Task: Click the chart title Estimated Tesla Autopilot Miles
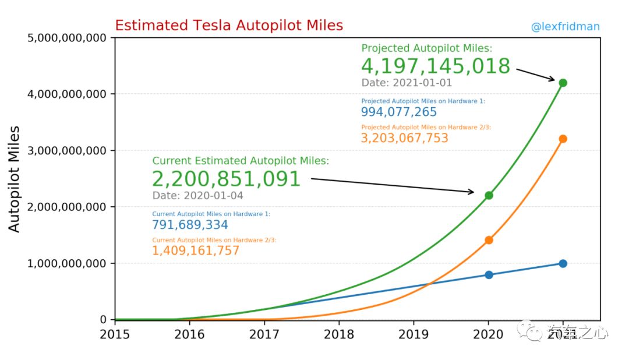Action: (x=229, y=25)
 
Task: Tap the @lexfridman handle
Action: (x=565, y=27)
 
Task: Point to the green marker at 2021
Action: (x=563, y=83)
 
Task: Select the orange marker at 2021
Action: (x=563, y=139)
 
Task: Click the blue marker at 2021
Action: (x=563, y=263)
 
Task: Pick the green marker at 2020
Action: (x=489, y=196)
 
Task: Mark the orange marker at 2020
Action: (x=489, y=240)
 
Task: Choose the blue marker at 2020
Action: (x=489, y=275)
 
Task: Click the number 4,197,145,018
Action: (x=436, y=66)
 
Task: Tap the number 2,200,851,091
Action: (x=226, y=179)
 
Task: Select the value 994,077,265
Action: (x=399, y=112)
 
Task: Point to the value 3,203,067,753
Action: (x=404, y=138)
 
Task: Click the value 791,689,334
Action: (x=190, y=225)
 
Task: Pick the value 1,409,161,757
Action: (x=195, y=251)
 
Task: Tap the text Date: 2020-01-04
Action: (x=198, y=196)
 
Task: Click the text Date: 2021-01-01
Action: (x=407, y=83)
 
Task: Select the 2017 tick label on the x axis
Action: (x=264, y=334)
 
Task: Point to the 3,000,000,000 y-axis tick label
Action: (x=66, y=151)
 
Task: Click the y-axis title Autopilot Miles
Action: (x=14, y=179)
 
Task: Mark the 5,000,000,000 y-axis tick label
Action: (x=66, y=38)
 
